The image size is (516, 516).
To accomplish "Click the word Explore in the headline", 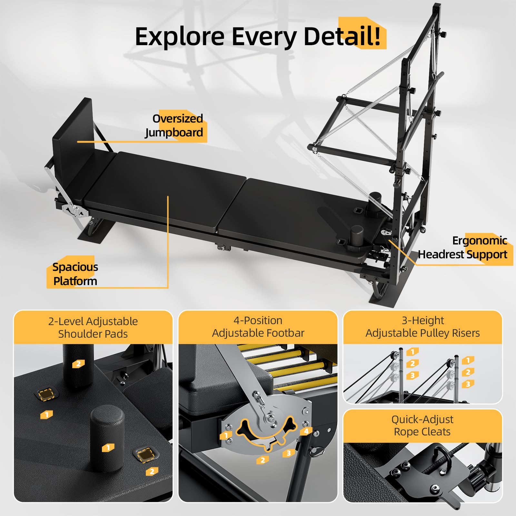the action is (x=180, y=37).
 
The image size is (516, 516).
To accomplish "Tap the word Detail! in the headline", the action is (x=342, y=36).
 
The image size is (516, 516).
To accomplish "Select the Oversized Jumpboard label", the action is (x=174, y=125).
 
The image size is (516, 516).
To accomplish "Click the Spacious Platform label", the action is (x=75, y=274).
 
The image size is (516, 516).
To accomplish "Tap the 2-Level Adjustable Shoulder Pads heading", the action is (x=93, y=327).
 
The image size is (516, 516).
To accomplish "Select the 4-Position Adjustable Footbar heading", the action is (x=258, y=326).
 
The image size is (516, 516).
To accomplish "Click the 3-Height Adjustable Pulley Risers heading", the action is (x=422, y=326).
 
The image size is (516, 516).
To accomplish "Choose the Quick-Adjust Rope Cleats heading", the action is (x=422, y=425).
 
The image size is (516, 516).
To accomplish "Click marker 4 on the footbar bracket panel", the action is (x=306, y=431).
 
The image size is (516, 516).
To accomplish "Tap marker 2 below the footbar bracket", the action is (x=263, y=460).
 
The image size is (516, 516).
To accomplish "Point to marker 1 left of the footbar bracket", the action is (x=226, y=436).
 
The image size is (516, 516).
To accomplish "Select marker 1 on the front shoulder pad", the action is (x=108, y=448).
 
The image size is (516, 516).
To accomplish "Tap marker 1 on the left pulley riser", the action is (x=412, y=352).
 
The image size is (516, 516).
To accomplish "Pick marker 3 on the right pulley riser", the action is (x=468, y=384).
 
